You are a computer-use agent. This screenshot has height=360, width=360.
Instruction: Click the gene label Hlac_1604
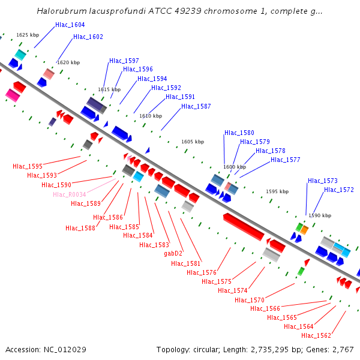[x=70, y=25]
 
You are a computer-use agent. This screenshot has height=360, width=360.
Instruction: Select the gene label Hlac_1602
[x=88, y=37]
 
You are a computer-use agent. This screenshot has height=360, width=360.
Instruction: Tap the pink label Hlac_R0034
[x=69, y=194]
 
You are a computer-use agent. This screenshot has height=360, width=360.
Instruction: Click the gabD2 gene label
[x=173, y=254]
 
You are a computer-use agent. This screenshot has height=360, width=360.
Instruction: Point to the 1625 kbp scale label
[x=28, y=35]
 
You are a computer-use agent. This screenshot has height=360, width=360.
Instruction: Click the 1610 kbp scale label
[x=151, y=116]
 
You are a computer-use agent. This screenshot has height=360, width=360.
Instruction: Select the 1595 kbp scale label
[x=277, y=191]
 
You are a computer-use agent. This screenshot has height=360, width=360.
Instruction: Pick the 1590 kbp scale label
[x=320, y=215]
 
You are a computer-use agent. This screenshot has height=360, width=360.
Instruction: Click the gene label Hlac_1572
[x=339, y=190]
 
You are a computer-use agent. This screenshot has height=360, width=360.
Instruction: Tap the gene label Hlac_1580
[x=239, y=133]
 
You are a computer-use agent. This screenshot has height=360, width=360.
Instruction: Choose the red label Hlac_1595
[x=28, y=166]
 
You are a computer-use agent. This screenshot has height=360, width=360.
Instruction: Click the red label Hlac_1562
[x=316, y=335]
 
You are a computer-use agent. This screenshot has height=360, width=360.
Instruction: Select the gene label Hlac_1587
[x=196, y=106]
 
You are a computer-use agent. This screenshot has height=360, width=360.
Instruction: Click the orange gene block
[x=304, y=229]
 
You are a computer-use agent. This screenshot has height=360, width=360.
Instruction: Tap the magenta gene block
[x=12, y=95]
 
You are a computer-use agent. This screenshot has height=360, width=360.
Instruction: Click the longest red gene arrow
[x=243, y=226]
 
